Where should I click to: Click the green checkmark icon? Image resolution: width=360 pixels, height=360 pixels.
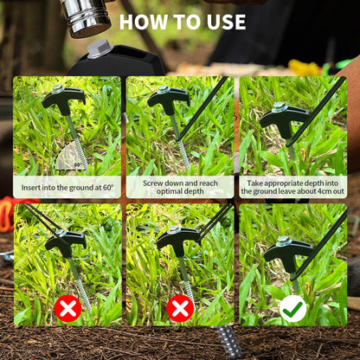tap(292, 309)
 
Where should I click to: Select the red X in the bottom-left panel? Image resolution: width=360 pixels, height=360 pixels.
tap(67, 309)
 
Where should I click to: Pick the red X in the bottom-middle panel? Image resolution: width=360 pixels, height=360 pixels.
tap(180, 309)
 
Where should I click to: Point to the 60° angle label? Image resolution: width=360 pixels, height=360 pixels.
tap(78, 164)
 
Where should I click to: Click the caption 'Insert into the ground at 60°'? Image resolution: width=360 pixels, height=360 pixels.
tap(67, 188)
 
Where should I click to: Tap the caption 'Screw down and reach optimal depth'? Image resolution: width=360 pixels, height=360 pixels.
tap(180, 187)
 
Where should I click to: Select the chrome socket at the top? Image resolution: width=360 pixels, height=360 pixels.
tap(86, 18)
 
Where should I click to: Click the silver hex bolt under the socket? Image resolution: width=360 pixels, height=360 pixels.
tap(100, 49)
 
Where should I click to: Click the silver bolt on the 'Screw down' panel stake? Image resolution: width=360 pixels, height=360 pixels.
tap(164, 89)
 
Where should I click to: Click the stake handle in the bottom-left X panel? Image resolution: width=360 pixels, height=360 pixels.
tap(66, 243)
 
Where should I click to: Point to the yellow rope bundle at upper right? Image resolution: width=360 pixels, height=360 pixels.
tap(305, 67)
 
